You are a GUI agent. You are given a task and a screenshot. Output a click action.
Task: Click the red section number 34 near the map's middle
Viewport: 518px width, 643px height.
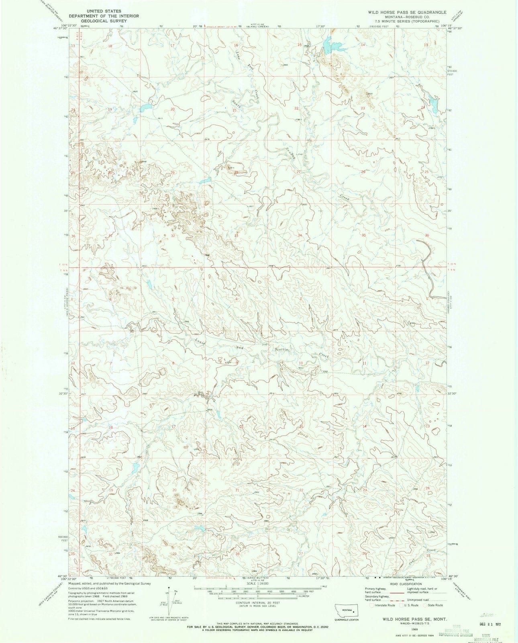click(x=300, y=235)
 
